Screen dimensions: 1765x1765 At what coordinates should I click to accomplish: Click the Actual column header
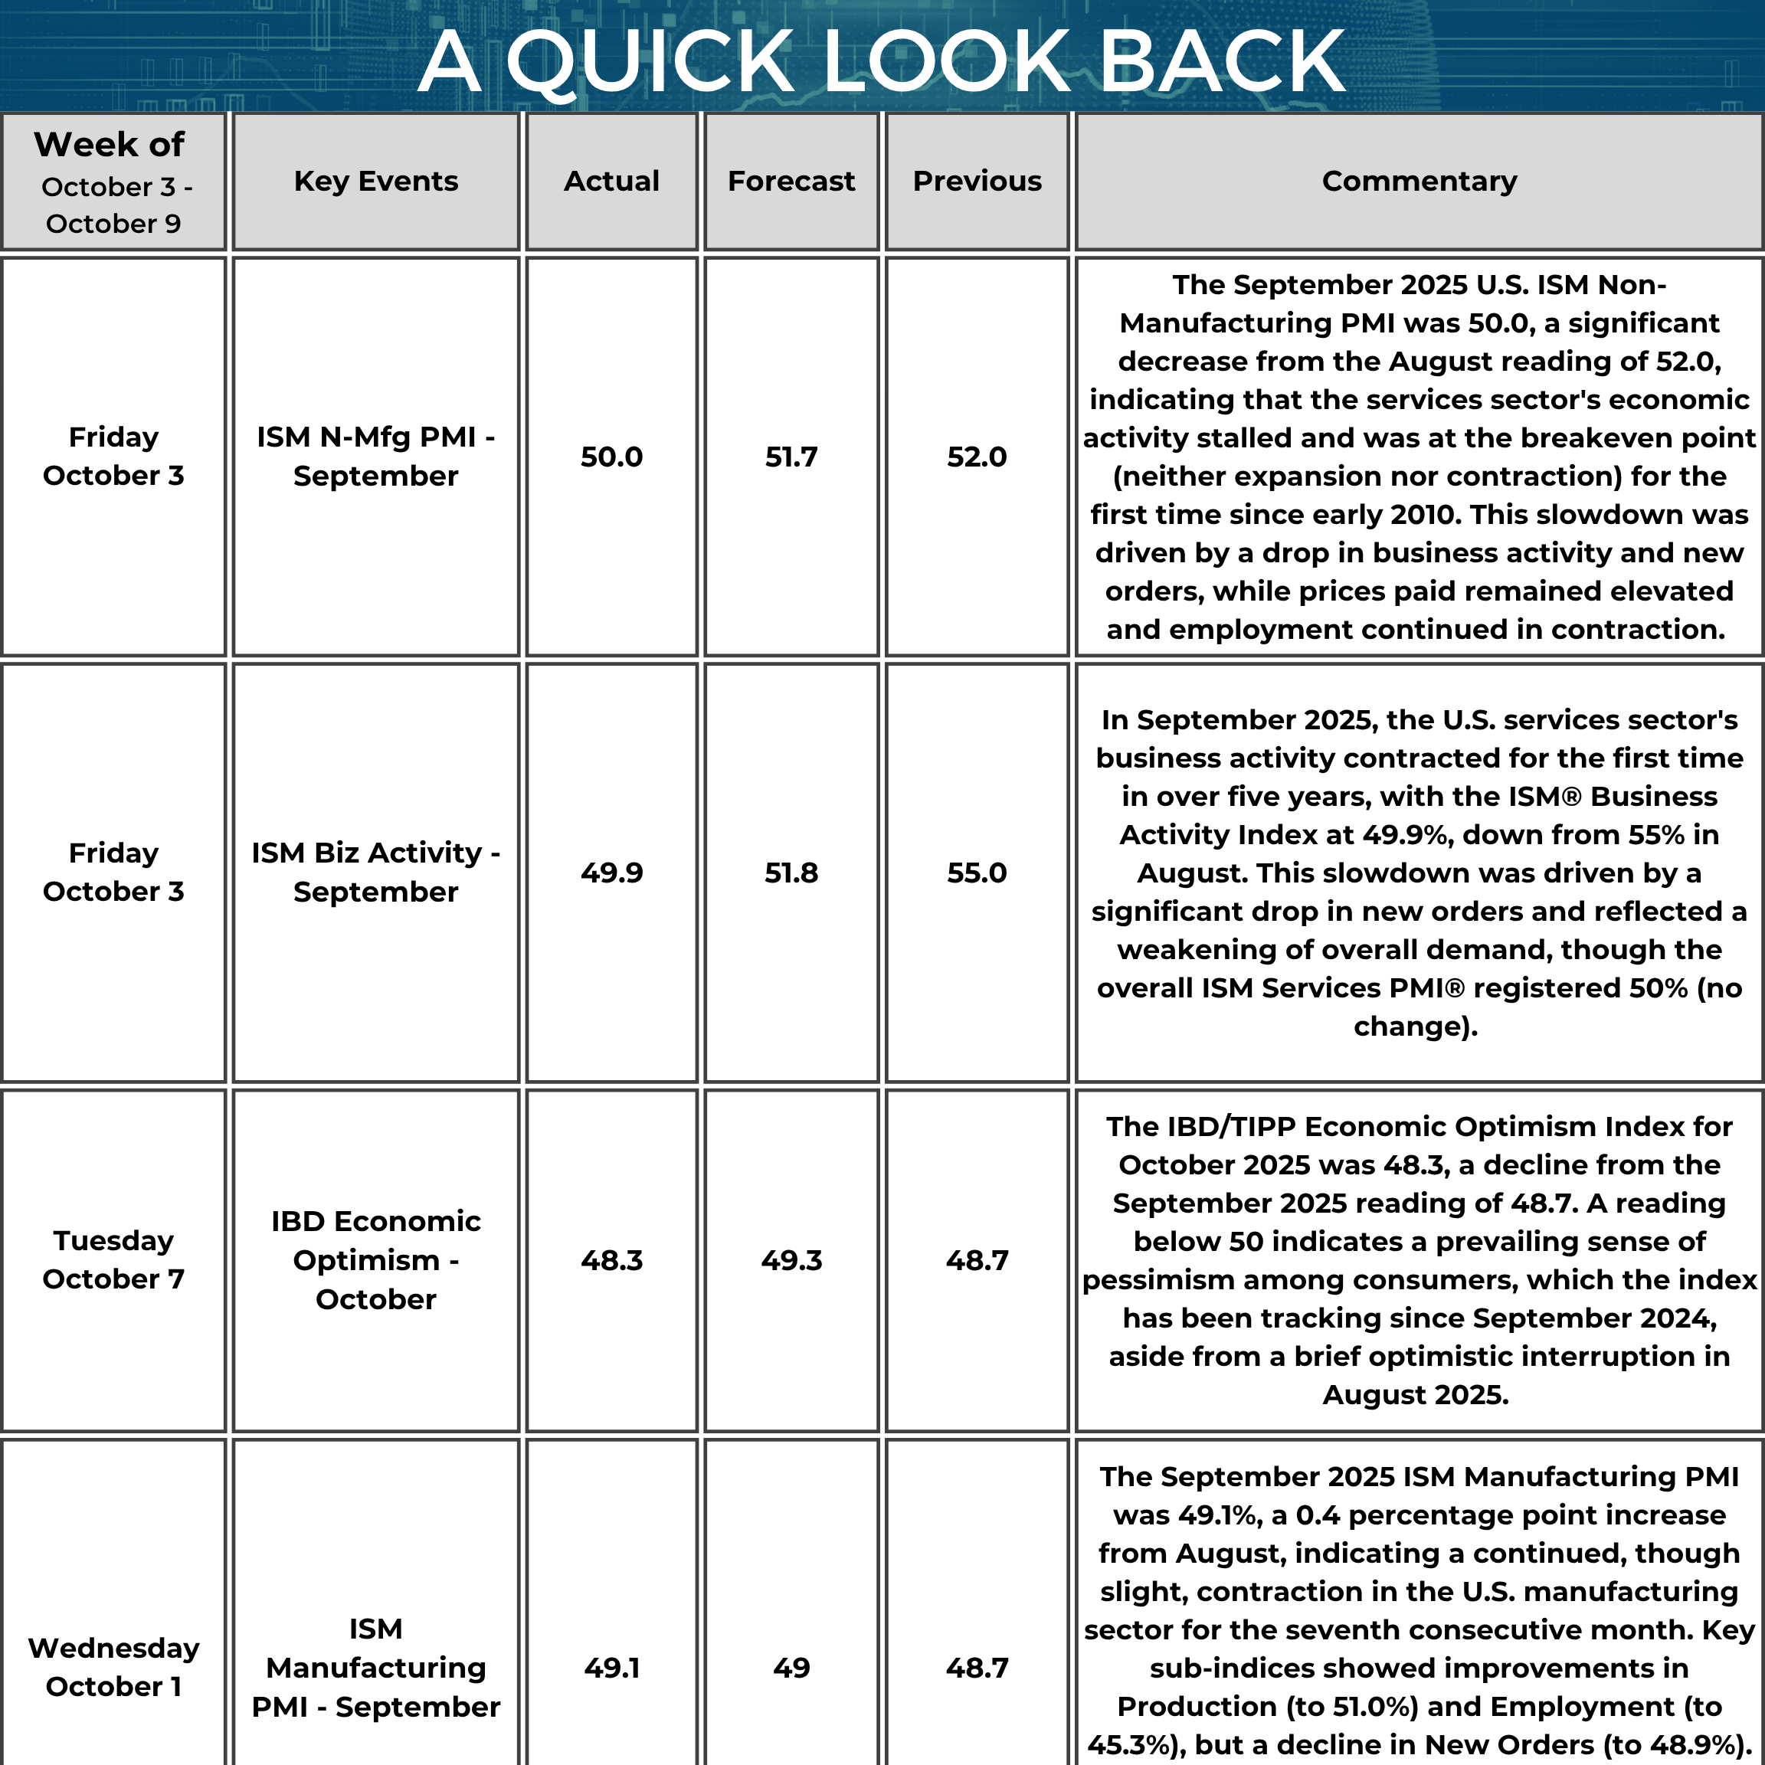coord(611,181)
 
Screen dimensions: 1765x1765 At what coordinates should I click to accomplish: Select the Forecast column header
coord(791,181)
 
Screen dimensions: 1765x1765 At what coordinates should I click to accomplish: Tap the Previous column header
coord(977,181)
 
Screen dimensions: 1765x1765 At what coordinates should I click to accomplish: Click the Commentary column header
coord(1419,181)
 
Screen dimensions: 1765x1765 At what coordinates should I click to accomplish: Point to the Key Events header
coord(375,181)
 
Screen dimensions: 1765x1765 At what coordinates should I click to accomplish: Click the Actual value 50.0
coord(611,457)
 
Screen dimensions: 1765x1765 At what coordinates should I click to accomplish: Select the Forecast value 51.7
coord(791,457)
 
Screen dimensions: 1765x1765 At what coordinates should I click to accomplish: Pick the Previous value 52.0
coord(977,457)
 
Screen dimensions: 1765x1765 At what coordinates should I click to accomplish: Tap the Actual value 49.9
coord(611,873)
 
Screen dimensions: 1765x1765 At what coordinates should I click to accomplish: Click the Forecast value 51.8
coord(791,873)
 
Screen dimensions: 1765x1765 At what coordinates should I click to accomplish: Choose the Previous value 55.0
coord(977,873)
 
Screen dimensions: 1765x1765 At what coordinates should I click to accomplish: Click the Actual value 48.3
coord(611,1261)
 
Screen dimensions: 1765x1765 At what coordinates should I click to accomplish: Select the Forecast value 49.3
coord(791,1261)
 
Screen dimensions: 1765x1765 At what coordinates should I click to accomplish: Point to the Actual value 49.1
coord(611,1668)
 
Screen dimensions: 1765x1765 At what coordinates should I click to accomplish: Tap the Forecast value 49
coord(791,1668)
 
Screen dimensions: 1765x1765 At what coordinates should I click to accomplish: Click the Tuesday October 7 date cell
coord(113,1260)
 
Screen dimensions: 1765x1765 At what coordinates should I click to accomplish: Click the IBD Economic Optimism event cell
coord(375,1260)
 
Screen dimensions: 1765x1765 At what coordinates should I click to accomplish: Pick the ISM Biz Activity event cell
coord(375,873)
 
